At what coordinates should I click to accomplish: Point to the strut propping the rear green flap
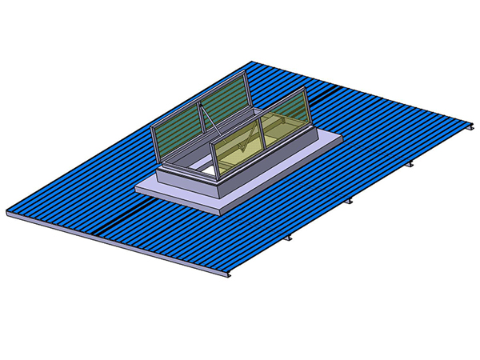click(206, 121)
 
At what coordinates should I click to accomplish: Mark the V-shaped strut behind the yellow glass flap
click(258, 136)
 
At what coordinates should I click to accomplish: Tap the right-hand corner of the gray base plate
click(342, 138)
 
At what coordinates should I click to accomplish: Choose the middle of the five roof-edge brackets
click(350, 202)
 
